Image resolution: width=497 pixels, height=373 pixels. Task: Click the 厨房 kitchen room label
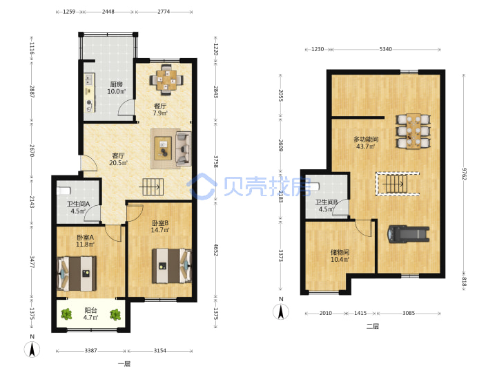tap(117, 84)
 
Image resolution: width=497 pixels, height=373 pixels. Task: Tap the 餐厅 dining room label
tap(160, 106)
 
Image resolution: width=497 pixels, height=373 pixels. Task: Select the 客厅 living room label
tap(118, 155)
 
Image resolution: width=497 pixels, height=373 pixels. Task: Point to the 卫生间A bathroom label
tap(78, 204)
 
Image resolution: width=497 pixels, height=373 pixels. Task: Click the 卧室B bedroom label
tap(160, 223)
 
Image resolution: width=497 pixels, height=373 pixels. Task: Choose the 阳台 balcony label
tap(90, 310)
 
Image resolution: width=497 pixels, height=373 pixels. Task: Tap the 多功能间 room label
tap(366, 140)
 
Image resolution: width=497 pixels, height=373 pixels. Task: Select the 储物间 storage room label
tap(340, 252)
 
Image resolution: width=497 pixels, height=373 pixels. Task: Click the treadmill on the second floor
tap(409, 234)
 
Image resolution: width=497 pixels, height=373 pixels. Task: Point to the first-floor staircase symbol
tap(153, 186)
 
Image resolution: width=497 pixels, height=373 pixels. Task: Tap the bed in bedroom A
tap(77, 274)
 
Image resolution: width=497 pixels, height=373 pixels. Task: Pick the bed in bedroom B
tap(172, 266)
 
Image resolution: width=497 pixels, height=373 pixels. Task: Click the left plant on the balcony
tap(66, 314)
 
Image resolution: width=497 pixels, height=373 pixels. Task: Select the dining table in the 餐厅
tap(166, 80)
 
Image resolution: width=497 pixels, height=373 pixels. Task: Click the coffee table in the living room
tap(163, 148)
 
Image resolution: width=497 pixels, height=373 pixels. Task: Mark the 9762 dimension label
tap(464, 174)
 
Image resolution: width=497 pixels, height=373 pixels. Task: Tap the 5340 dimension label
tap(386, 49)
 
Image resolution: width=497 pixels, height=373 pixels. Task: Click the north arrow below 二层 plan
tap(281, 312)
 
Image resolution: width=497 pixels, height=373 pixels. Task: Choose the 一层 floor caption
tap(124, 364)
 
